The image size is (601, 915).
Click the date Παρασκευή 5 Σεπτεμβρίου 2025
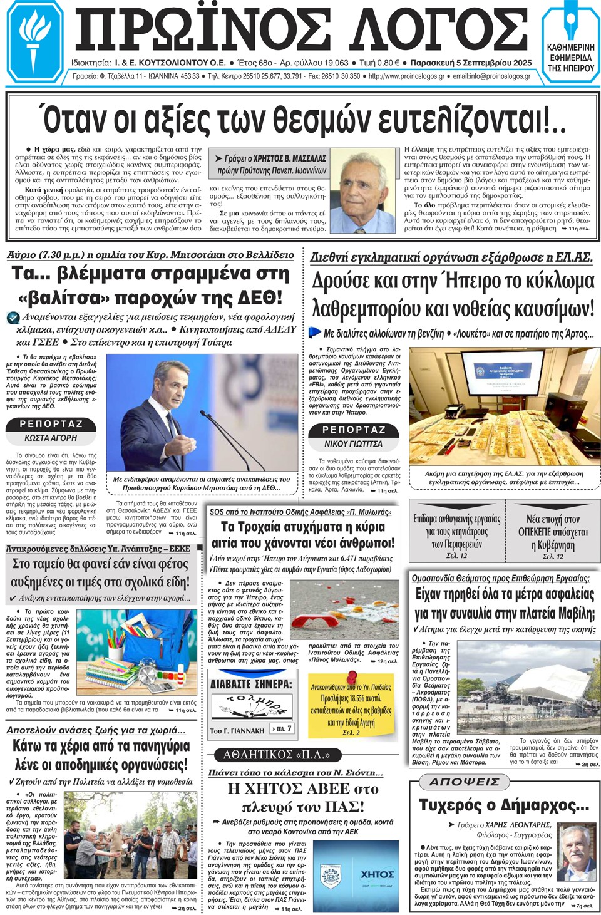[x=471, y=63]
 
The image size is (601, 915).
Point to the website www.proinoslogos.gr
[x=406, y=76]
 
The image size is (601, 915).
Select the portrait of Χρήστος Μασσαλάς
[x=363, y=192]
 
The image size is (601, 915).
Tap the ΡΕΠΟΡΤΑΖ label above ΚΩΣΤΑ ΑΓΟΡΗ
[x=51, y=424]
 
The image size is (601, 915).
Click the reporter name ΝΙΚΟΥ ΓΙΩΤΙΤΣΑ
[x=353, y=443]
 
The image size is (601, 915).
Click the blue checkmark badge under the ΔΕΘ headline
[x=13, y=318]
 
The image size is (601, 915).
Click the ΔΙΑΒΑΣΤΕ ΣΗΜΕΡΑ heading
[x=250, y=684]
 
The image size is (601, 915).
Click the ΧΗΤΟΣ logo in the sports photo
[x=377, y=874]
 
